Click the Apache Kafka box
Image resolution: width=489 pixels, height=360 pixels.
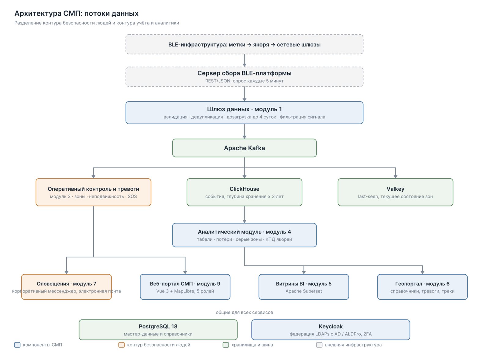(244, 148)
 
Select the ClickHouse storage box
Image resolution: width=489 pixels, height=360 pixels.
(244, 192)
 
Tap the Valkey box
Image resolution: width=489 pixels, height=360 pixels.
(395, 192)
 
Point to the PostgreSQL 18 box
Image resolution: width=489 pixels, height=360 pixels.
(158, 330)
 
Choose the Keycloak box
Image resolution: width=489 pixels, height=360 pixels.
(330, 330)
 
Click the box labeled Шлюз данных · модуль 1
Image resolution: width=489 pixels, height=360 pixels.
(244, 113)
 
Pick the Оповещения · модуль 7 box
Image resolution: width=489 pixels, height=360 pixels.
(66, 287)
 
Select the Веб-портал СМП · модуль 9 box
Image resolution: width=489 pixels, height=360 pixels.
(185, 287)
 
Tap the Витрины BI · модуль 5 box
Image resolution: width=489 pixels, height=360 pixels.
(304, 287)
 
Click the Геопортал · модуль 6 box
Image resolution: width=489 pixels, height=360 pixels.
(422, 287)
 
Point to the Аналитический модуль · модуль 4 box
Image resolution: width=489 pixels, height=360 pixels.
(244, 235)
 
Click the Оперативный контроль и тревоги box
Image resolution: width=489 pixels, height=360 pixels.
(94, 192)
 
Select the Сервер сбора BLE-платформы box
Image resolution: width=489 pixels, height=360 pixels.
(244, 77)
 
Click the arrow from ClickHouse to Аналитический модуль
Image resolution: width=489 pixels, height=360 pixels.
(244, 214)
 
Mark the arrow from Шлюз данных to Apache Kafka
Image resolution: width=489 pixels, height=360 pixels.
(244, 131)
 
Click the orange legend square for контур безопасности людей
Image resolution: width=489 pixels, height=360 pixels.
(121, 345)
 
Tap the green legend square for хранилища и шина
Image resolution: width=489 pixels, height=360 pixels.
(226, 345)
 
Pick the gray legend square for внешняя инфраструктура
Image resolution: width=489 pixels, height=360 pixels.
(319, 345)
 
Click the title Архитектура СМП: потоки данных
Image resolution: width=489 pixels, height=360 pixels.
(76, 13)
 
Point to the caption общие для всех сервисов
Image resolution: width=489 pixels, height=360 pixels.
(244, 312)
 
